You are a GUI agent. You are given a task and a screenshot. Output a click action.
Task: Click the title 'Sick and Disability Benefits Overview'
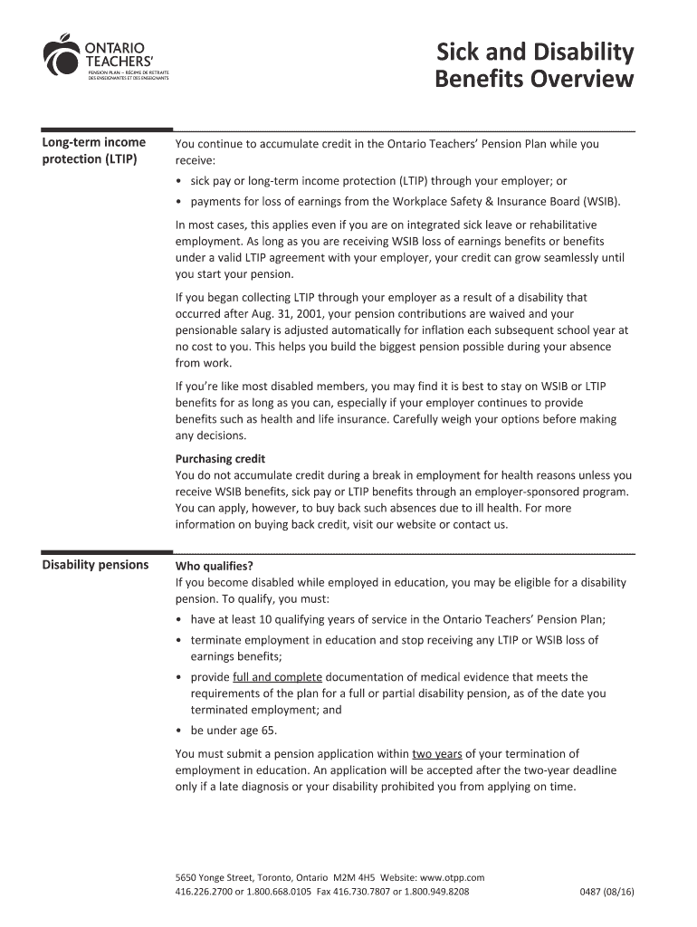(534, 65)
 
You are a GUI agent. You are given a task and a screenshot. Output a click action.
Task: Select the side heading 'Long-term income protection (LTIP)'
(93, 151)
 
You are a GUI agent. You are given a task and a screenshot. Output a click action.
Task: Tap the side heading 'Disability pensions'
(95, 565)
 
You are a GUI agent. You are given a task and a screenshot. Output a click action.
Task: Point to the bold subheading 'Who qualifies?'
(214, 567)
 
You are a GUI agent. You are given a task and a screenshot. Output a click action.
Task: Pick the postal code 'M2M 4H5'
(356, 877)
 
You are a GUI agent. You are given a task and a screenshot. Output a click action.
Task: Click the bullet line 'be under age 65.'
(234, 731)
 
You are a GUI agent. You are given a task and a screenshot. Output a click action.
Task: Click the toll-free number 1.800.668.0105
(275, 892)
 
